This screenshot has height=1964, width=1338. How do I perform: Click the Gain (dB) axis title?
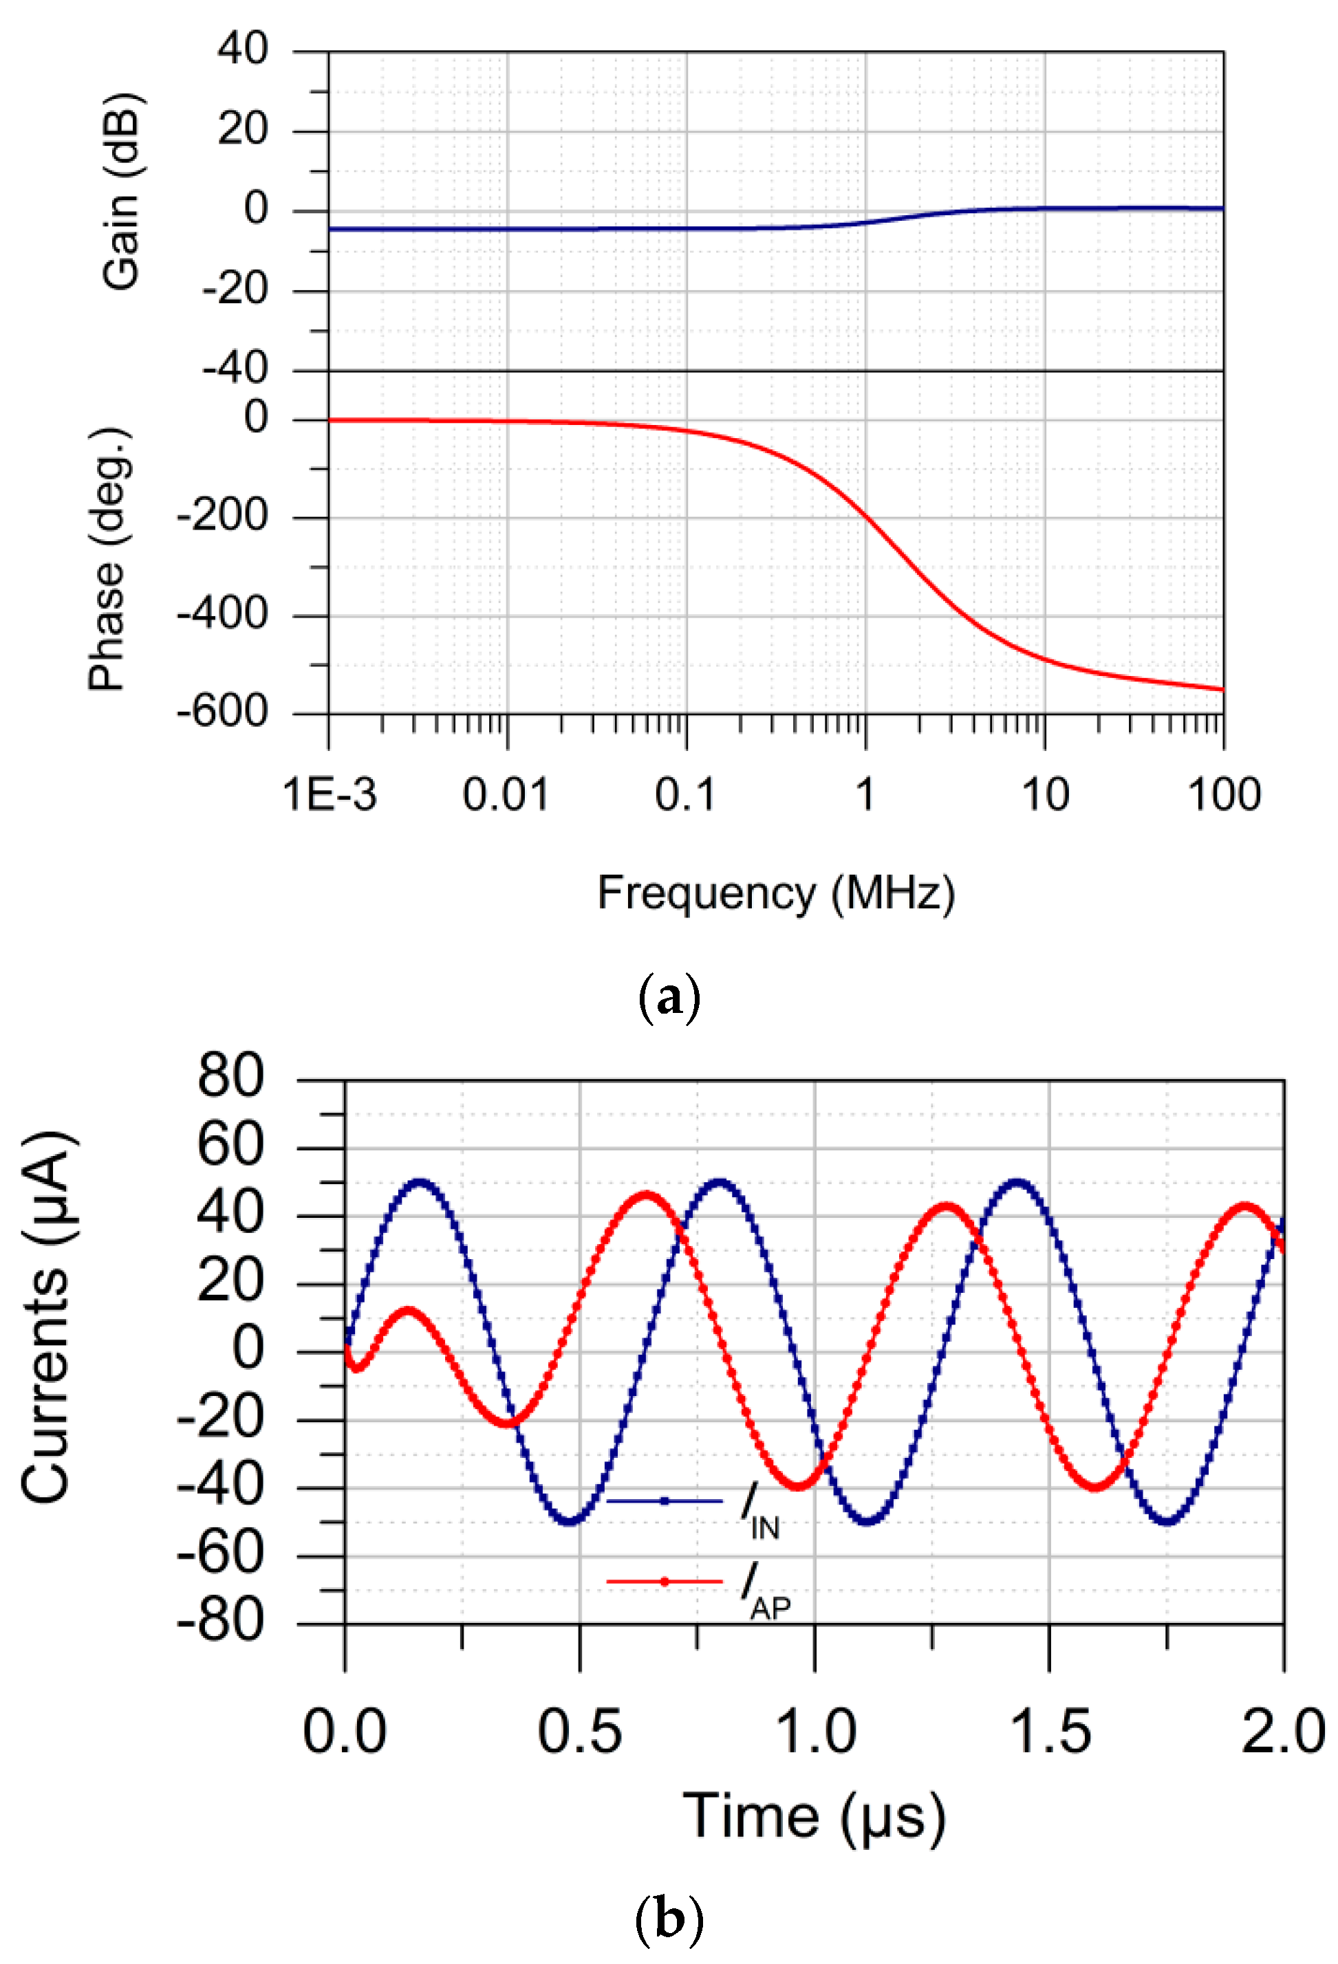click(x=121, y=193)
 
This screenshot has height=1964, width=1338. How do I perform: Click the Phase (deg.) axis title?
click(x=107, y=560)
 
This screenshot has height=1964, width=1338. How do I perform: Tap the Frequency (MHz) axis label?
click(x=775, y=893)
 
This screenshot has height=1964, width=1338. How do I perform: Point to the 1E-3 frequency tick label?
click(x=329, y=795)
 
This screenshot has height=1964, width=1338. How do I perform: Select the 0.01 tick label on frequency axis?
click(x=506, y=795)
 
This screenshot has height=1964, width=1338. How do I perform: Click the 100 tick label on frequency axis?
click(x=1223, y=795)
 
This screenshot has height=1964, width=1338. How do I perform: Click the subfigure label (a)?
click(x=668, y=998)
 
